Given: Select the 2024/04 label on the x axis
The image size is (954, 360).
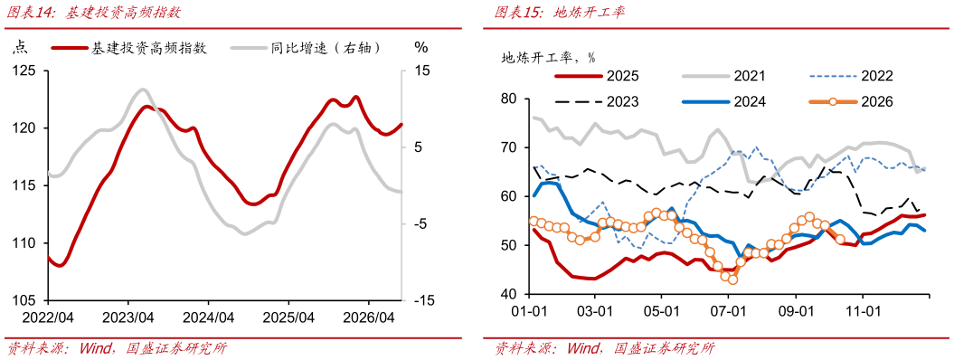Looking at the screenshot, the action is click(x=208, y=317).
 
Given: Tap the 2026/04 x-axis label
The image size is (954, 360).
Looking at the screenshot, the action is click(x=369, y=317).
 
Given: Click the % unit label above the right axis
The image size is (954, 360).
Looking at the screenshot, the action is click(x=421, y=47).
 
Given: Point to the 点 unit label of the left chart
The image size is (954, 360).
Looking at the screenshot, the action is click(x=21, y=48).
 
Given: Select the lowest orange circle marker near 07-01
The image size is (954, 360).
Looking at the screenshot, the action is click(x=732, y=279).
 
